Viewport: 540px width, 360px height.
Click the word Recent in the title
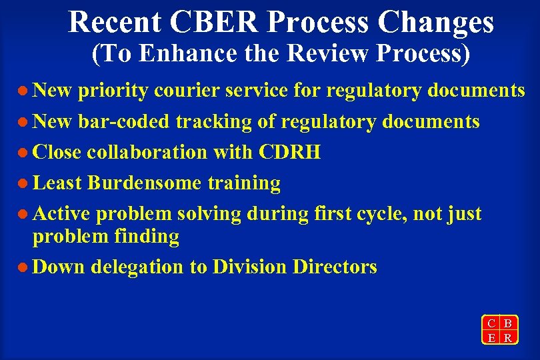114,21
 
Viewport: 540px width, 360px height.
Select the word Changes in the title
437,21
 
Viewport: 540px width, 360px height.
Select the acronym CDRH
291,152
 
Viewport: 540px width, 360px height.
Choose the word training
244,183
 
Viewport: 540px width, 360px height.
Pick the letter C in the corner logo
491,323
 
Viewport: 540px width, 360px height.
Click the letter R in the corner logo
508,337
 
